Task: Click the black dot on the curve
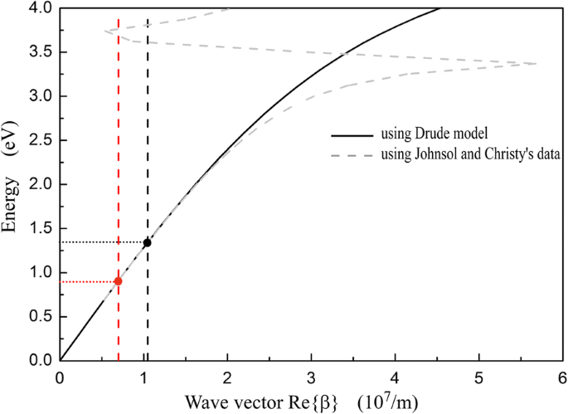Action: click(x=147, y=242)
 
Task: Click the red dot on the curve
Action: click(x=118, y=281)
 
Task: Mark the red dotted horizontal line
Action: click(x=89, y=281)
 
